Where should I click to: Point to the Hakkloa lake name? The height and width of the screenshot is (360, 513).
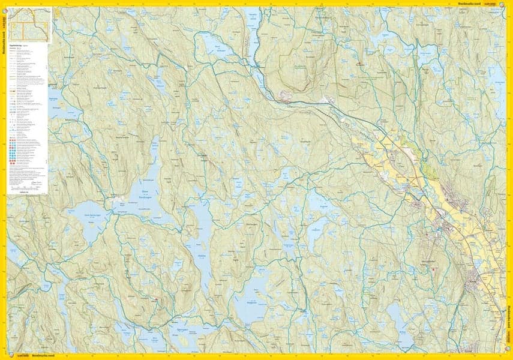[202, 254]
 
